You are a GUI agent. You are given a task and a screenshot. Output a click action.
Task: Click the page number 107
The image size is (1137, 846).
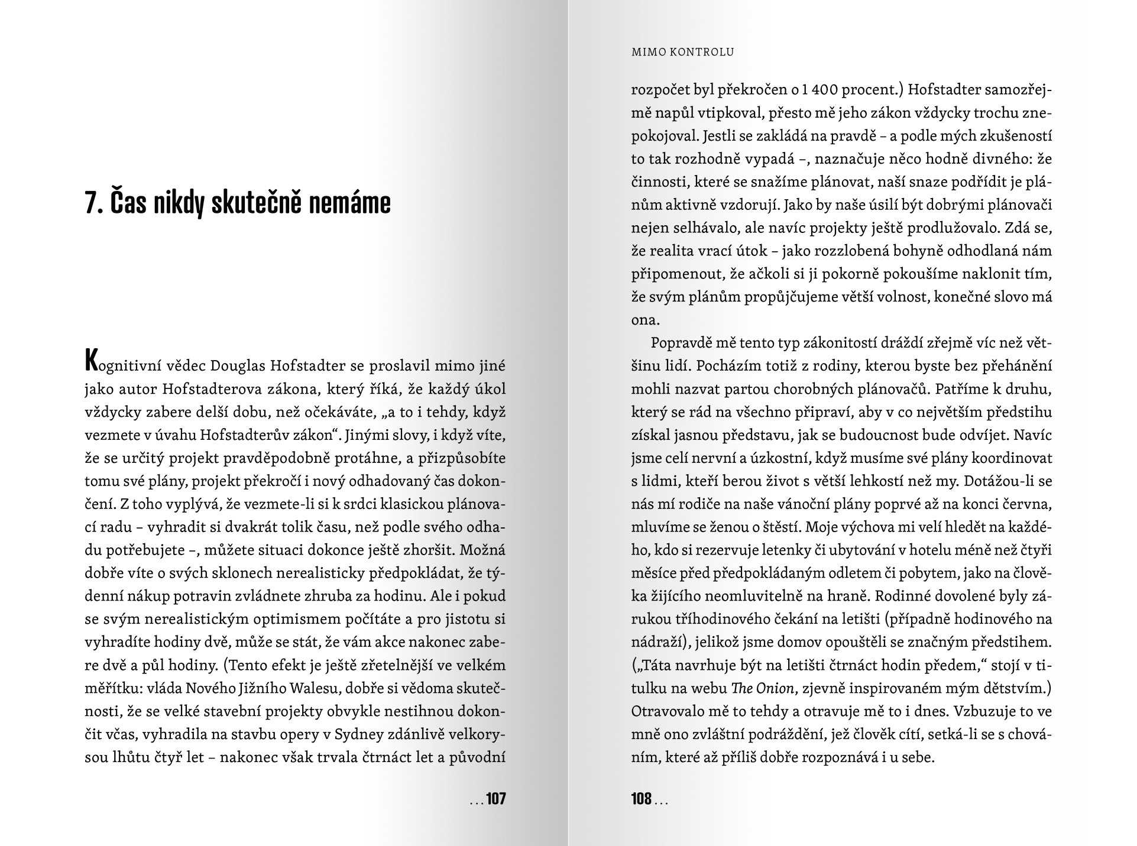click(x=496, y=799)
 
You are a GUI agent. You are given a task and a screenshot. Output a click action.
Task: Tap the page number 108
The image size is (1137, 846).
click(x=641, y=799)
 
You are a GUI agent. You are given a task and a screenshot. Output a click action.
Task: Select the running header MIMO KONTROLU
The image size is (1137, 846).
click(x=682, y=52)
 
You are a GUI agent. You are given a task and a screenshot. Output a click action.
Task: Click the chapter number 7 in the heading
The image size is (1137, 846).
click(x=92, y=203)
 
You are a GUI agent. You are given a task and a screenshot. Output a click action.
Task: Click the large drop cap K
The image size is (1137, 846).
click(x=91, y=361)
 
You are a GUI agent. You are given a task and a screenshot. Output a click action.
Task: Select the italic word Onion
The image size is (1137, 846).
click(x=769, y=688)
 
